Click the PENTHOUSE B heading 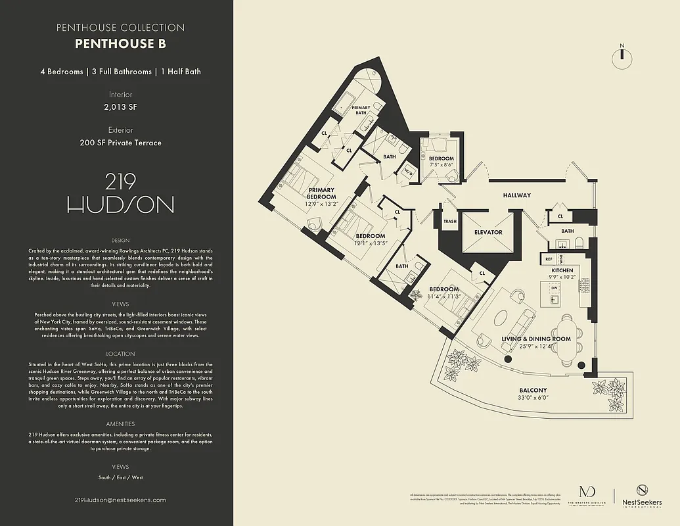pyautogui.click(x=120, y=44)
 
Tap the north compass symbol pyautogui.click(x=621, y=59)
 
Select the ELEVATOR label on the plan pyautogui.click(x=488, y=232)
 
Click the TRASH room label pyautogui.click(x=450, y=222)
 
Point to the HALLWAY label pyautogui.click(x=516, y=195)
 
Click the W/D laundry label pyautogui.click(x=408, y=173)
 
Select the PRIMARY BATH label pyautogui.click(x=361, y=110)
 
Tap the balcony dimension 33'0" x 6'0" pyautogui.click(x=533, y=397)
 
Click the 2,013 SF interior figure pyautogui.click(x=120, y=106)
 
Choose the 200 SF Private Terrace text pyautogui.click(x=120, y=142)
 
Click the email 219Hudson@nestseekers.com pyautogui.click(x=120, y=500)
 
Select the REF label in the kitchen pyautogui.click(x=549, y=260)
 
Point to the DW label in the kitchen pyautogui.click(x=555, y=288)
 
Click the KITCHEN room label pyautogui.click(x=562, y=270)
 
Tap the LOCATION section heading pyautogui.click(x=120, y=354)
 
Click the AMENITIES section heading pyautogui.click(x=120, y=425)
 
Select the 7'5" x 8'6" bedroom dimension pyautogui.click(x=442, y=166)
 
